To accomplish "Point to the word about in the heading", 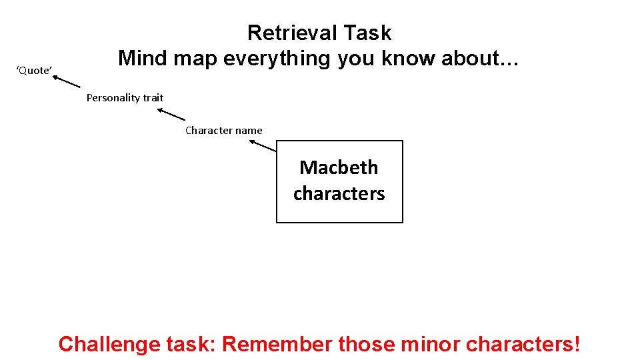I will (x=479, y=59).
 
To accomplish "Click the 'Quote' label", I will (x=34, y=71).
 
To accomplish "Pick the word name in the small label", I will (x=249, y=131).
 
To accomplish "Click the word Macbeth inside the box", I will (x=339, y=167).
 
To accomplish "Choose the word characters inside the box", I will (x=339, y=193).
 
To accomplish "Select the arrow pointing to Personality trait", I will (x=171, y=114).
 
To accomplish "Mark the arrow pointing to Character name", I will (x=263, y=146).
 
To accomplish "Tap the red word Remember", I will (x=277, y=344).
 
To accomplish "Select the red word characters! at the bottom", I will (x=523, y=344).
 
